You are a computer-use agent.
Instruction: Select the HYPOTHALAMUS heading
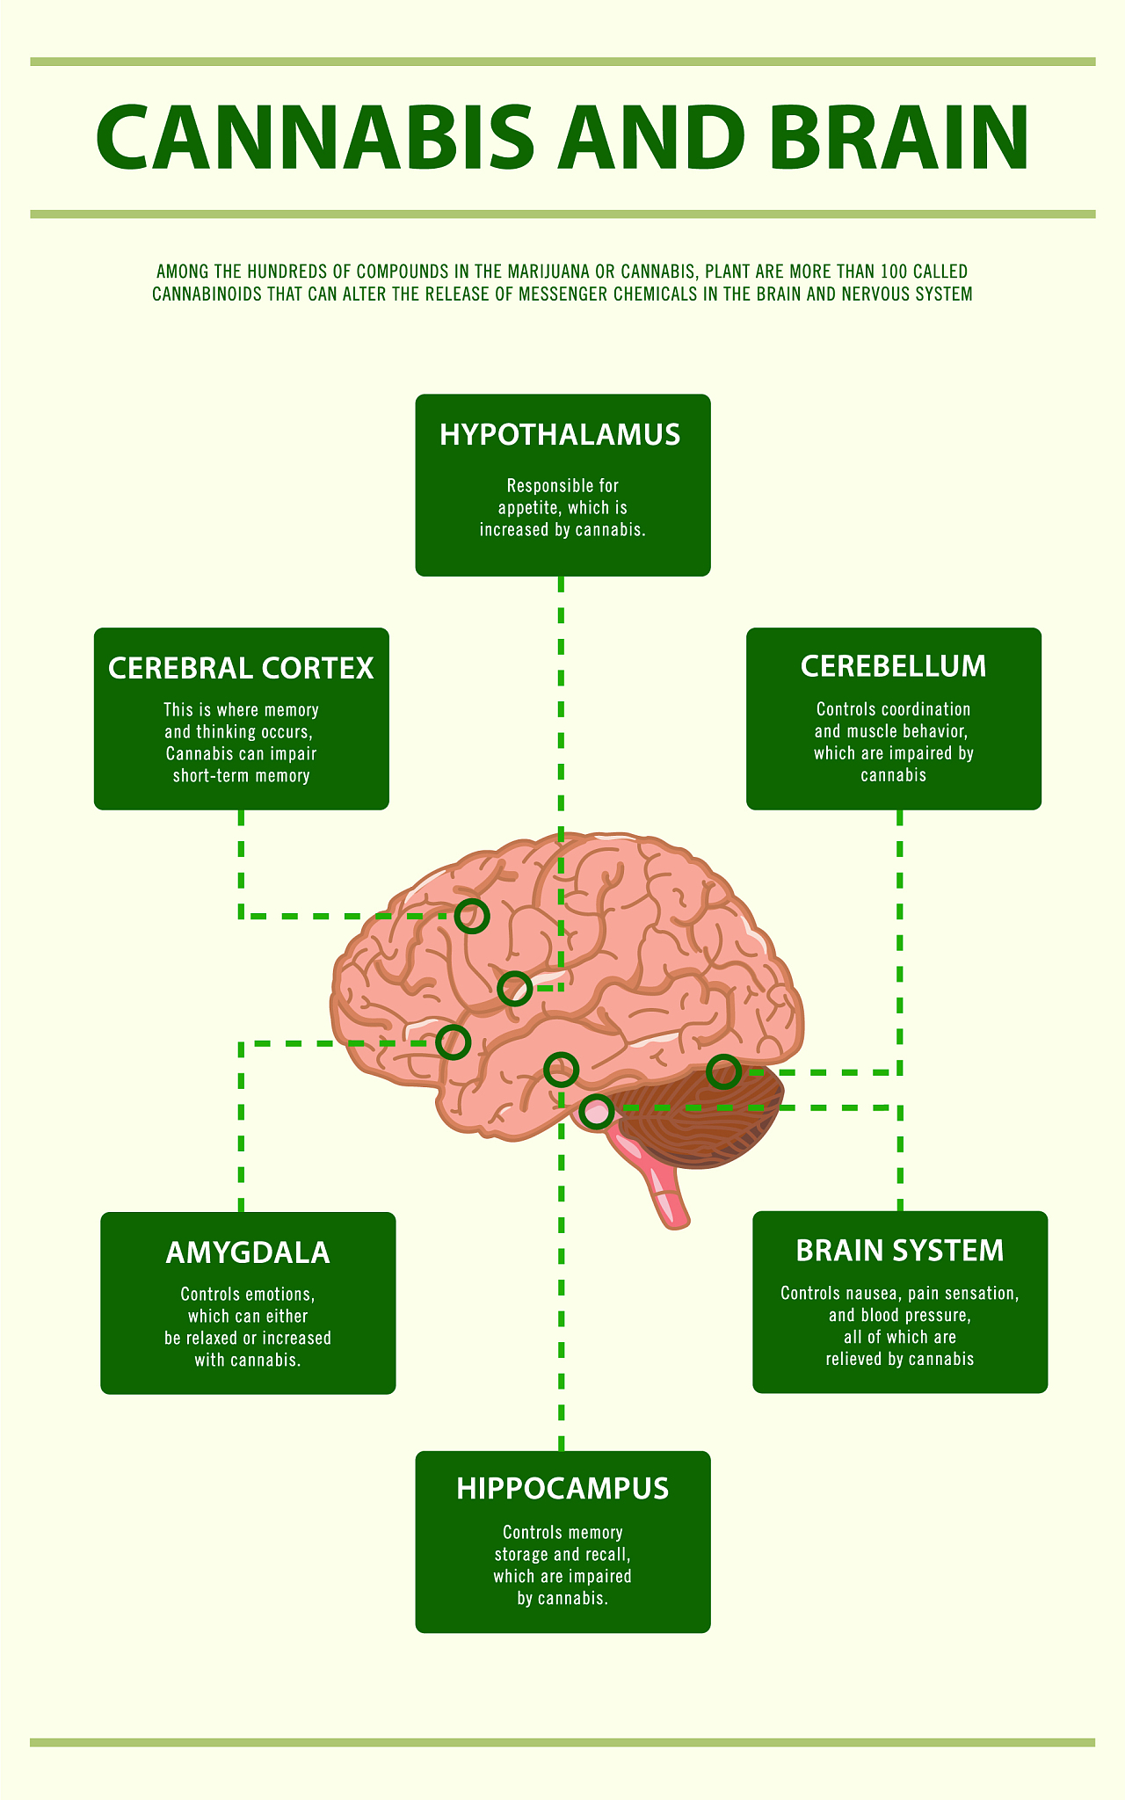coord(561,435)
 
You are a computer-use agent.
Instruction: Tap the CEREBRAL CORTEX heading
coord(241,668)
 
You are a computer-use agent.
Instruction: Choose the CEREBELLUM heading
coord(893,666)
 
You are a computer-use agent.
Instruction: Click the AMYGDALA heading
coord(248,1252)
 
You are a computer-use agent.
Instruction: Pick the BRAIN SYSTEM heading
coord(899,1251)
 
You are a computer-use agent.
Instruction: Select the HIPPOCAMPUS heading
coord(562,1488)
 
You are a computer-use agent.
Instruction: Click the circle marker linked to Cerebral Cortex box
coord(472,916)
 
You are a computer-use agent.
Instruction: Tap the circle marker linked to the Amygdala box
coord(454,1042)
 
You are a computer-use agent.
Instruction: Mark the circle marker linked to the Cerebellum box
coord(723,1071)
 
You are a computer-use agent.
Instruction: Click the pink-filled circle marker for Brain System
coord(597,1112)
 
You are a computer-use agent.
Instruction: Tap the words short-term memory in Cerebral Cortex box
coord(241,776)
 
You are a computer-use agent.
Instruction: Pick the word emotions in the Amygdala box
coord(279,1295)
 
